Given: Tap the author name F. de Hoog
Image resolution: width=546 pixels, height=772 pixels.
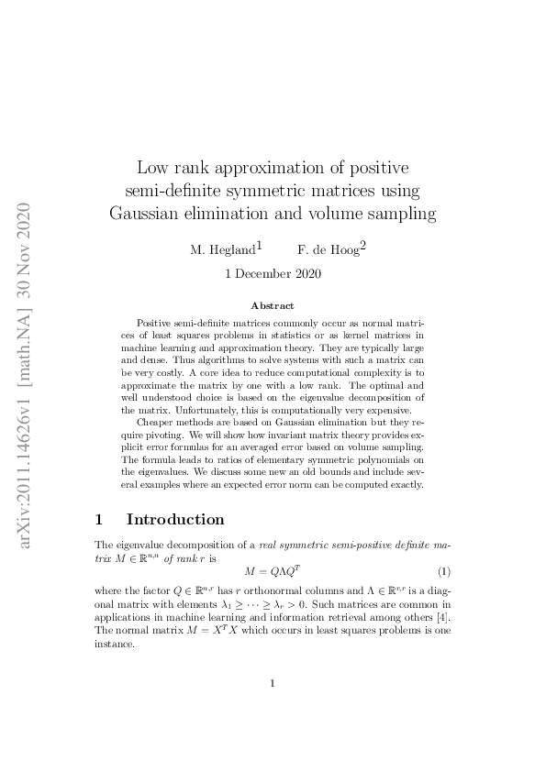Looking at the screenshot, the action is click(327, 248).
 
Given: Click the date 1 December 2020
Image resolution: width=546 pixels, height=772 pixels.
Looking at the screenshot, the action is click(273, 272).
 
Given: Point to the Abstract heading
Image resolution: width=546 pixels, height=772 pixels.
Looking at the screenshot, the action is click(273, 305).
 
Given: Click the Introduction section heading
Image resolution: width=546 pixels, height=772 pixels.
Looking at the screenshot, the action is click(174, 520).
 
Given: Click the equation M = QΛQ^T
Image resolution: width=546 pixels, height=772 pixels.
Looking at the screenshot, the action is click(273, 569).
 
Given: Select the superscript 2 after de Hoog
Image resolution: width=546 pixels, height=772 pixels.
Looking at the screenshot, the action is click(362, 245).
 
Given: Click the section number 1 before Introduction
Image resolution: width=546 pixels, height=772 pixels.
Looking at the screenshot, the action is click(100, 520).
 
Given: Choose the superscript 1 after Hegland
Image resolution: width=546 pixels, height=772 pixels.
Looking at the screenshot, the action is click(260, 245).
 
